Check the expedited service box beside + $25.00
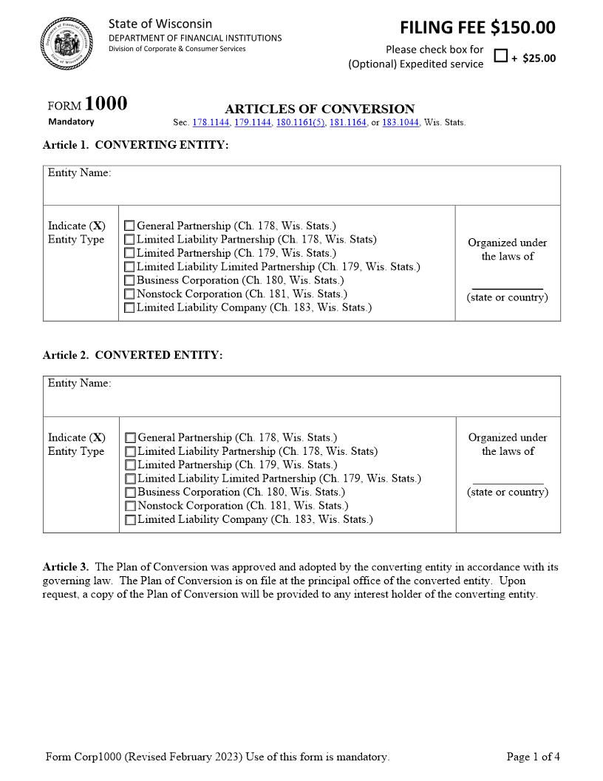(x=500, y=56)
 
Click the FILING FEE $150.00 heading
(x=477, y=27)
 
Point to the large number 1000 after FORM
(x=106, y=104)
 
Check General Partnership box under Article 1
(x=129, y=226)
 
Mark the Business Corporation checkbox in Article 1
(x=129, y=280)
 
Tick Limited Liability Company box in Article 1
(x=129, y=308)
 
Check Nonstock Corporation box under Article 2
(x=130, y=506)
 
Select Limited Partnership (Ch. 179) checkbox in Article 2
(x=130, y=465)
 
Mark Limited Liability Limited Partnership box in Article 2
(x=130, y=479)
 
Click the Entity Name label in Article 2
(x=80, y=383)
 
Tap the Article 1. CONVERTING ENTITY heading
(x=136, y=145)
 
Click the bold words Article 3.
(x=66, y=567)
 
